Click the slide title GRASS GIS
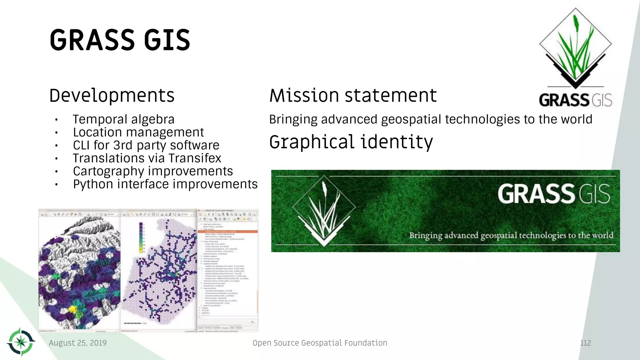[120, 40]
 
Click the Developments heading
[112, 95]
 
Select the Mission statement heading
[353, 95]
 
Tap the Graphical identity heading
[351, 142]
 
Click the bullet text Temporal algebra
[123, 119]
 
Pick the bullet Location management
[138, 132]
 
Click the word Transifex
[195, 158]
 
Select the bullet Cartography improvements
[153, 171]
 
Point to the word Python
[93, 184]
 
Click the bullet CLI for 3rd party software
[146, 145]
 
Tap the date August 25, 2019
[77, 343]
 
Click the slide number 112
[585, 343]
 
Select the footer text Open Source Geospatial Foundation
[320, 343]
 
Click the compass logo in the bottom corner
[21, 342]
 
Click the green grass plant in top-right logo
[575, 50]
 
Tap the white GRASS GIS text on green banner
[553, 194]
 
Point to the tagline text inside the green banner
[511, 235]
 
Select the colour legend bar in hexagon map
[141, 237]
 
